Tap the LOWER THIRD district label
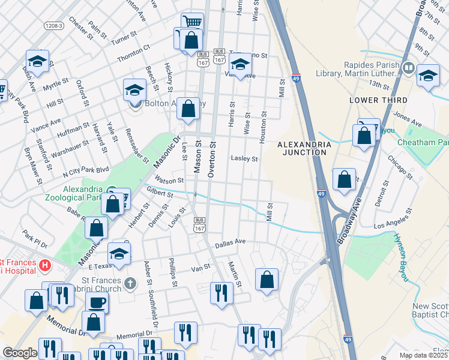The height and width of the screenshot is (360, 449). [x=381, y=100]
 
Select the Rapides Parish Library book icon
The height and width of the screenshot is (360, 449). [x=409, y=68]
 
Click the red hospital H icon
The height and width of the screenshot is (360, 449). [x=44, y=265]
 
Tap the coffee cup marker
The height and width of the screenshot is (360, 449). [x=97, y=302]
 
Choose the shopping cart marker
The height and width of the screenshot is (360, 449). [x=192, y=23]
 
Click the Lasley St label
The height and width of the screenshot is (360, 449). [x=244, y=159]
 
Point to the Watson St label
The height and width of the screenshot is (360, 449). [x=169, y=179]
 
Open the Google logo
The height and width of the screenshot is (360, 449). [x=20, y=353]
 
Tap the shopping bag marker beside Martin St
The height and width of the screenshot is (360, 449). [x=267, y=279]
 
